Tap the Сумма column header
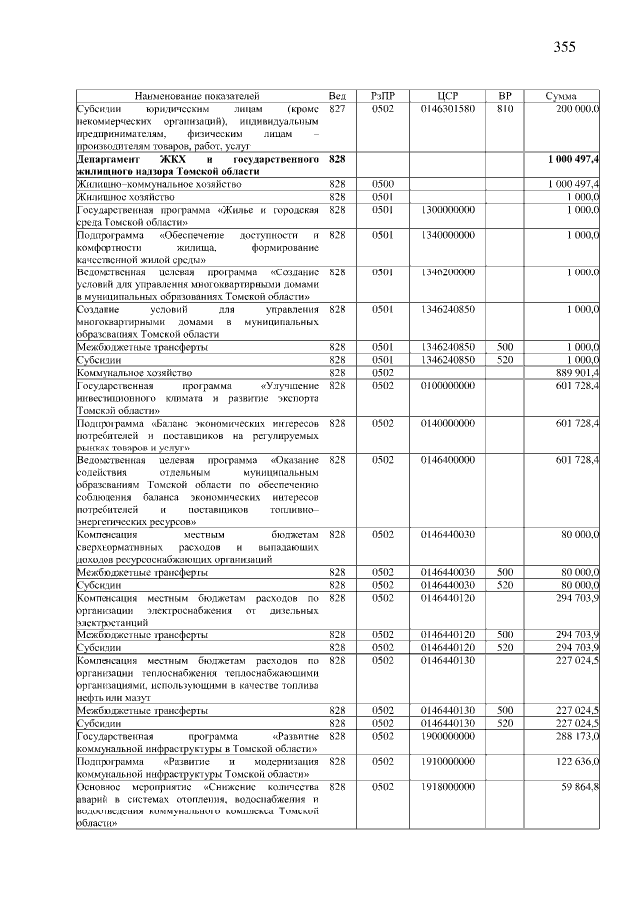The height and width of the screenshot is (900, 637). click(563, 95)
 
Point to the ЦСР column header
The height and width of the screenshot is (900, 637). click(447, 95)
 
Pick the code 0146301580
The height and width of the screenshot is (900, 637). click(447, 107)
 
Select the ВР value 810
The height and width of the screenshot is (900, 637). click(504, 107)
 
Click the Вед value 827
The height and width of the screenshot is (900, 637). click(337, 107)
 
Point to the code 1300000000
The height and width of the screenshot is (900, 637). click(447, 211)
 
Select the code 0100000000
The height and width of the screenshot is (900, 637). click(447, 385)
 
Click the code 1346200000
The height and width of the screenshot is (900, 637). click(447, 270)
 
